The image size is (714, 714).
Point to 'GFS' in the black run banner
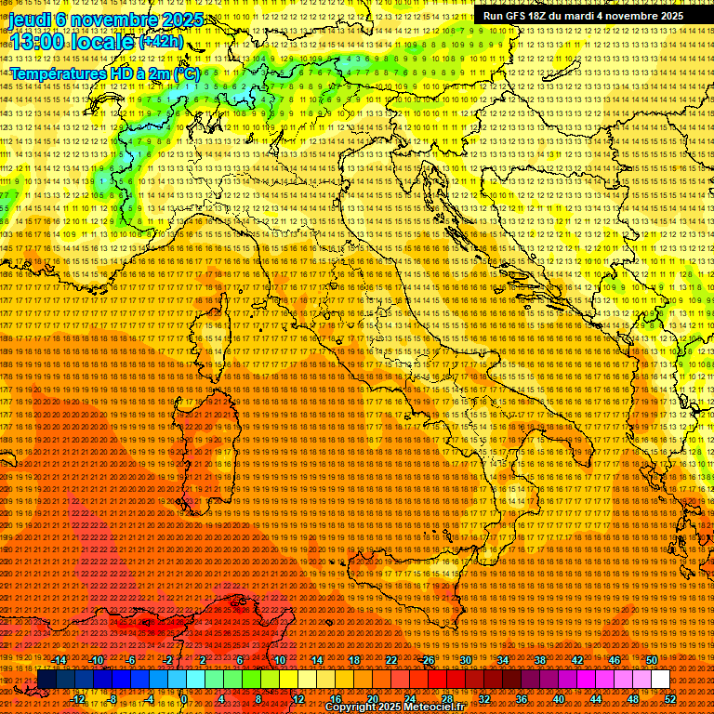pos(519,16)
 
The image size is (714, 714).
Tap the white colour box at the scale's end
pos(660,680)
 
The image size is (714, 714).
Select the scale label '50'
pos(651,660)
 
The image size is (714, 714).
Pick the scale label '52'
pos(669,698)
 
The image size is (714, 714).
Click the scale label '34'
pos(502,660)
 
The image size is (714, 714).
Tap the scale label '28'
pos(446,698)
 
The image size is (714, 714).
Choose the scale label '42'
pos(576,660)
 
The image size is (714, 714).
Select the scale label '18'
pos(353,660)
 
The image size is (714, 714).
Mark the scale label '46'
pos(614,660)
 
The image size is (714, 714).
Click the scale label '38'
pos(539,660)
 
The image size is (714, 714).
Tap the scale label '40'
pos(558,698)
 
